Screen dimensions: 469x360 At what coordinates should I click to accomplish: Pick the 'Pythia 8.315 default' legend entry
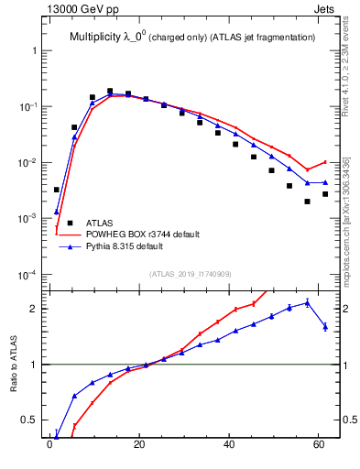[133, 246]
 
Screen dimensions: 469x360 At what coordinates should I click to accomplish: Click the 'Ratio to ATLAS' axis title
[14, 365]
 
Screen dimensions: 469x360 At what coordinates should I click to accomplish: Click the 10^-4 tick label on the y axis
[29, 275]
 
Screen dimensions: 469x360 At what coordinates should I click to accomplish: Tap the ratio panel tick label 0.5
[31, 420]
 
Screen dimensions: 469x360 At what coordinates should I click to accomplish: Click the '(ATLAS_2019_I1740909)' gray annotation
[191, 274]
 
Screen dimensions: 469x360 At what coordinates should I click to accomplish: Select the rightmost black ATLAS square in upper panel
[325, 194]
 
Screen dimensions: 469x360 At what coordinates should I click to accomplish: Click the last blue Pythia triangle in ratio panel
[325, 326]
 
